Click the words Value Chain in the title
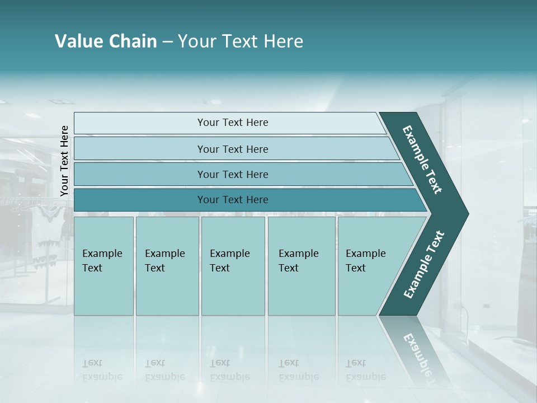(x=106, y=41)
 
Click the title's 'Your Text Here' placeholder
(x=241, y=41)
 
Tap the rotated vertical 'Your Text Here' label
(x=64, y=161)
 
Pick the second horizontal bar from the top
(x=233, y=149)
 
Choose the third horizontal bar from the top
(x=233, y=174)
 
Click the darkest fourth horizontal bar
(x=233, y=200)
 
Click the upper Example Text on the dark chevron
(x=422, y=160)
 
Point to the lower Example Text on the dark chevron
(x=423, y=264)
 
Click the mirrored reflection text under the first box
(x=102, y=370)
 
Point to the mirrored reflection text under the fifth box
(x=365, y=370)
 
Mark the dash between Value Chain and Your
(x=167, y=42)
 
